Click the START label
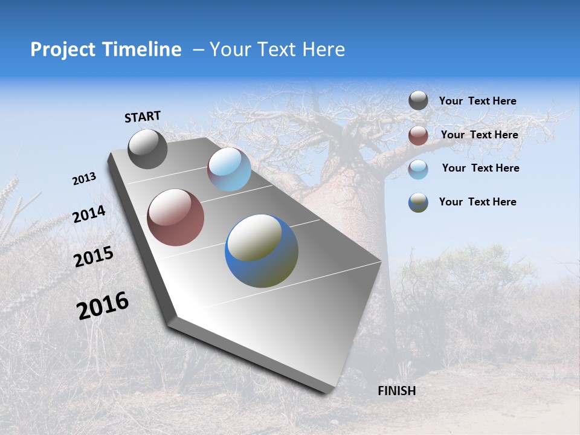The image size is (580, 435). (x=143, y=117)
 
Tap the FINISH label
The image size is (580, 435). (x=396, y=391)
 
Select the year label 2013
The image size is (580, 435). (x=84, y=179)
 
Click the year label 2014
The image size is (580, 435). (x=89, y=214)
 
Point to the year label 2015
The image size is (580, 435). (x=94, y=257)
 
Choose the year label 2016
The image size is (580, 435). (x=103, y=306)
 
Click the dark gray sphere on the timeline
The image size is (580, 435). (x=147, y=149)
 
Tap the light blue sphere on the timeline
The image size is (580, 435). (x=229, y=169)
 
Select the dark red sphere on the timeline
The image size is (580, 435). (x=175, y=217)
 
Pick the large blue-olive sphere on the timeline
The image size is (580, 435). (x=262, y=250)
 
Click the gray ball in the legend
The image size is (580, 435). (x=418, y=100)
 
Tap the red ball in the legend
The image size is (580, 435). (x=418, y=135)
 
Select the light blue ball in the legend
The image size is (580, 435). (x=418, y=169)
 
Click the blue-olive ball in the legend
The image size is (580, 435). (x=418, y=202)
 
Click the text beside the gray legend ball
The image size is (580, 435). (x=477, y=101)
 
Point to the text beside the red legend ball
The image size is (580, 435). (x=479, y=135)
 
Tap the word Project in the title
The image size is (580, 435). (x=60, y=50)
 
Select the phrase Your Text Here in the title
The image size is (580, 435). (x=277, y=50)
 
